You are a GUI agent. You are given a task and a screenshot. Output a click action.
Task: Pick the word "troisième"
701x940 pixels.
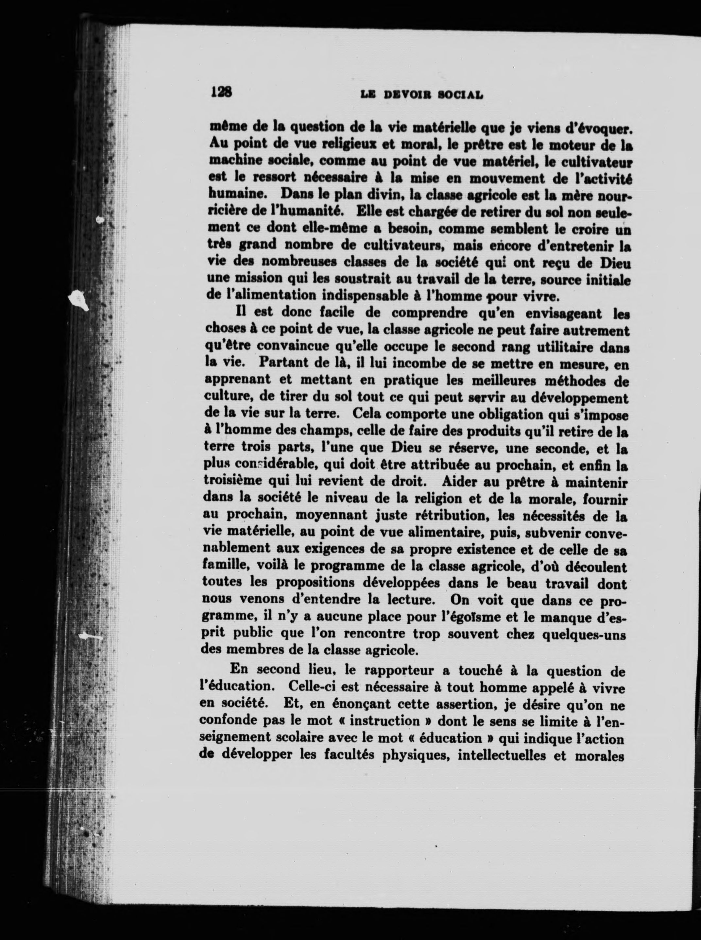234,482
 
